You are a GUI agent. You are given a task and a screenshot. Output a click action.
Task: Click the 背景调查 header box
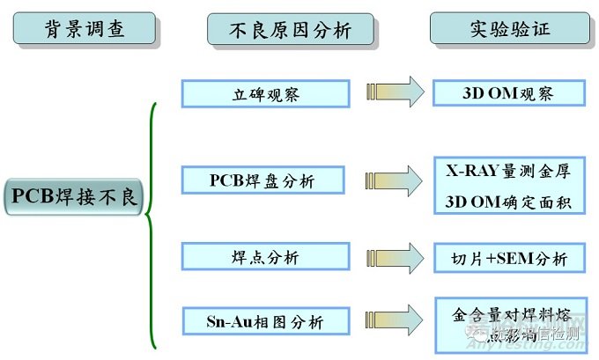tap(85, 30)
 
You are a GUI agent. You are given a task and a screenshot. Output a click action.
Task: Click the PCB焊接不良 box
tap(74, 196)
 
